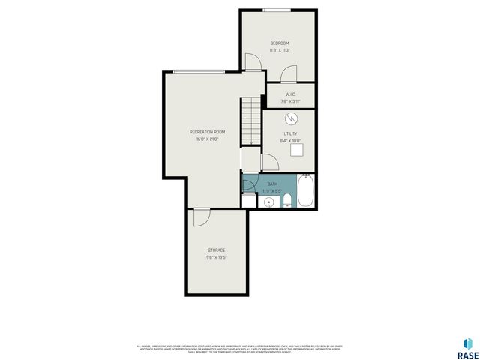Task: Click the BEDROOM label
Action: (x=280, y=43)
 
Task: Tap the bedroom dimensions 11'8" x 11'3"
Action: (x=280, y=50)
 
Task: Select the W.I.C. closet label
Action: (x=290, y=94)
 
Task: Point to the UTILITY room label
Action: (x=290, y=133)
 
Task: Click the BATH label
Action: (x=272, y=184)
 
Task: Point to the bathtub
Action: (x=305, y=191)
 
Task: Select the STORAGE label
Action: (x=216, y=250)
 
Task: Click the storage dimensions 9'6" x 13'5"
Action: (x=216, y=257)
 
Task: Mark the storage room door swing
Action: (x=200, y=217)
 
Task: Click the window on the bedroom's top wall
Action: (x=277, y=10)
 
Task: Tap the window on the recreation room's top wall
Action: (x=197, y=71)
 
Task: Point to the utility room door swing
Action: (x=269, y=163)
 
